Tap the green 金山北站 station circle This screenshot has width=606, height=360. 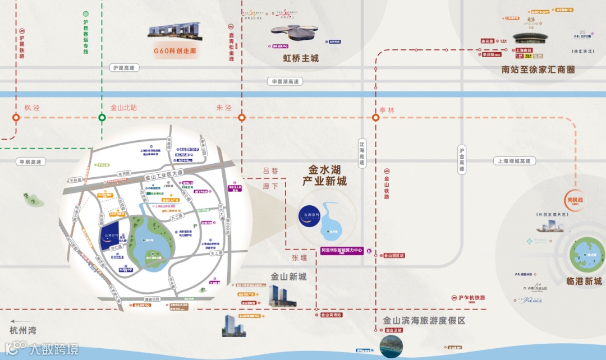102,118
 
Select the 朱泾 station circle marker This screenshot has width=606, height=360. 242,118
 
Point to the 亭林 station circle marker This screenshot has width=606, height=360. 375,118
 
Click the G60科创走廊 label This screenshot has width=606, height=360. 177,50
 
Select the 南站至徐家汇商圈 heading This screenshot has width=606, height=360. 538,70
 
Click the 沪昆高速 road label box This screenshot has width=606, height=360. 123,68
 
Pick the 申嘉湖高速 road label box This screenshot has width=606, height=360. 286,81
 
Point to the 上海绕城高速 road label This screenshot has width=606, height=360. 515,161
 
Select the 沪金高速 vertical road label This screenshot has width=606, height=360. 462,159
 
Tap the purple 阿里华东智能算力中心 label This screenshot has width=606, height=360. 342,251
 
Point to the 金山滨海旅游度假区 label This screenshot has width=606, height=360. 424,321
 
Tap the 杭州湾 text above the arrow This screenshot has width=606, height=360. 25,331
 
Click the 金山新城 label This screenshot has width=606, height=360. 289,276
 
